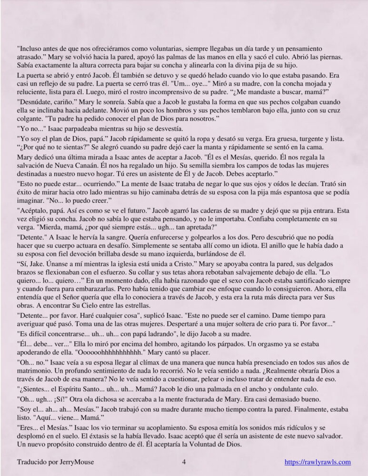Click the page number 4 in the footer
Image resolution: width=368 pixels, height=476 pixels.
click(x=183, y=461)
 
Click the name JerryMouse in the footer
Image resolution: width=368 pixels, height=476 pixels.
click(x=75, y=461)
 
